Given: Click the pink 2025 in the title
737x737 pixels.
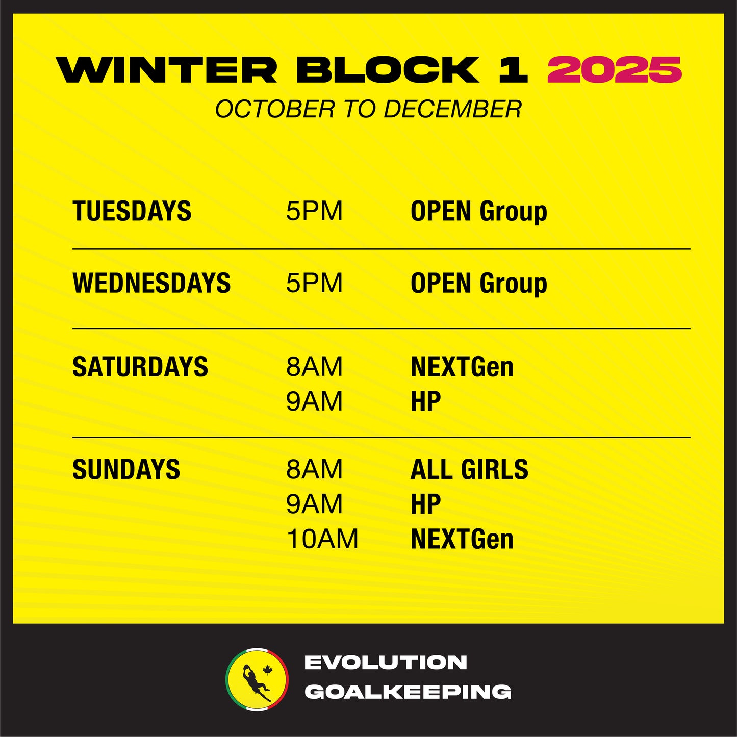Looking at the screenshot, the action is click(615, 69).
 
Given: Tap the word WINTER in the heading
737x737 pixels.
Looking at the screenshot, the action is click(167, 69).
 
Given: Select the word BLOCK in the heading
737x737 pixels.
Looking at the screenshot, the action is click(388, 69).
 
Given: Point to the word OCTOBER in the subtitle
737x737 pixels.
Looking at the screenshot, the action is click(275, 109).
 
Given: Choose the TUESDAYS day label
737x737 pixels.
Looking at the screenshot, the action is click(132, 211).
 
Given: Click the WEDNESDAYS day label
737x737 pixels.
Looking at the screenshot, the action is click(151, 283).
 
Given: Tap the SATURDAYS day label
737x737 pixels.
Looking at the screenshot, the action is click(140, 366).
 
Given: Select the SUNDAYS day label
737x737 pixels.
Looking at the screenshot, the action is click(126, 469).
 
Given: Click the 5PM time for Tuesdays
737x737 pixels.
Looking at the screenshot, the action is click(314, 211).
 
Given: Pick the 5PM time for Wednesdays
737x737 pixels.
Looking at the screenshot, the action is click(314, 283).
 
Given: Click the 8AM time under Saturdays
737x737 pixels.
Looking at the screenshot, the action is click(314, 366).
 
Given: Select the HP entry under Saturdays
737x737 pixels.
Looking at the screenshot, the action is click(426, 401).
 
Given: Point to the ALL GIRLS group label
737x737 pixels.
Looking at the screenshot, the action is click(469, 469).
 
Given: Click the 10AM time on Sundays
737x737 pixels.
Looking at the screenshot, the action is click(322, 539).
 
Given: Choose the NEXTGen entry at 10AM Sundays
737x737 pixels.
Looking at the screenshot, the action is click(462, 539).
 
